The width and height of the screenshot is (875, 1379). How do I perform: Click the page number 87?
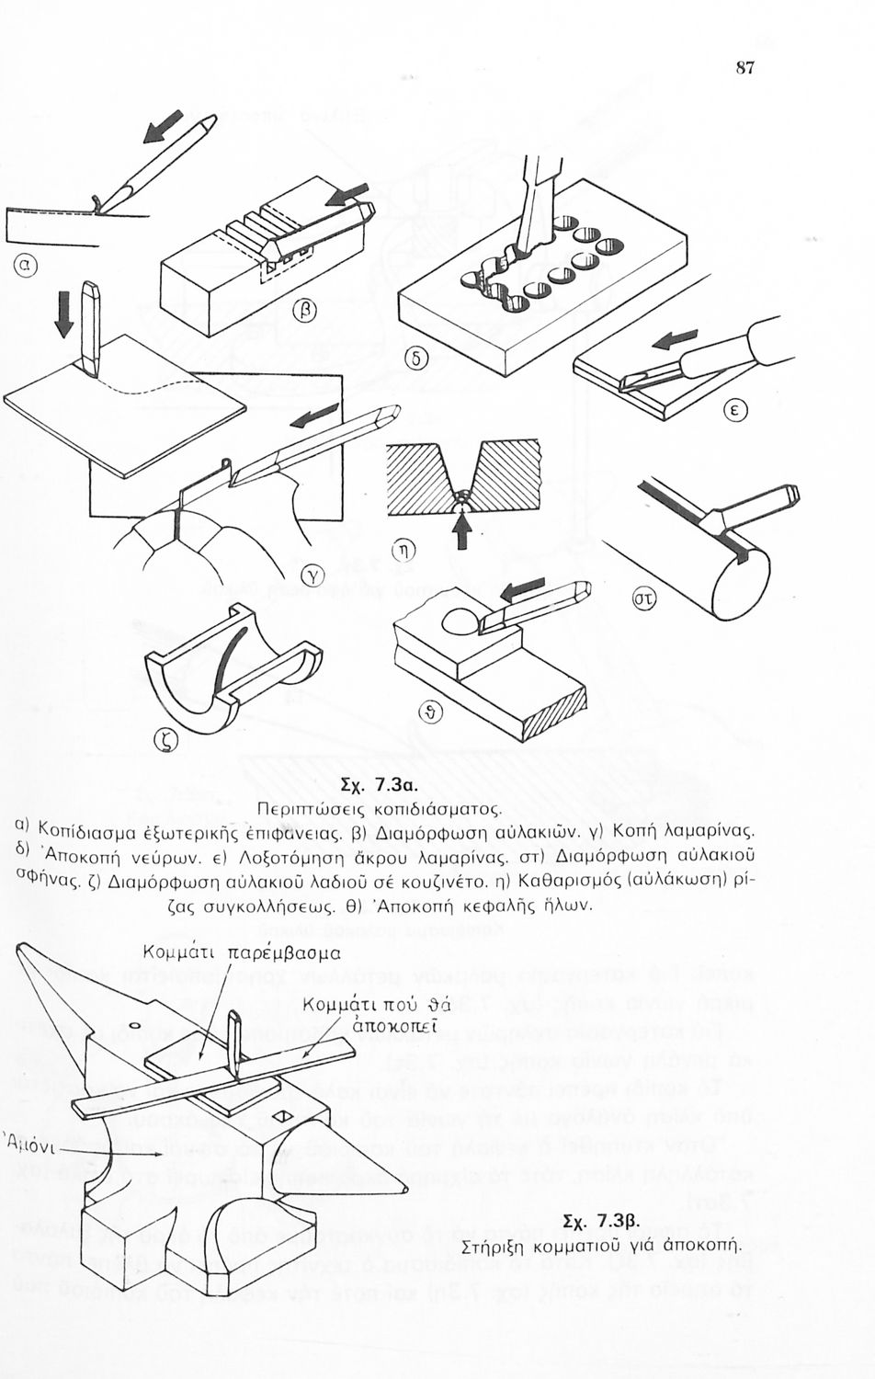click(x=744, y=67)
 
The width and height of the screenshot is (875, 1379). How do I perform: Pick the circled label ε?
click(x=735, y=411)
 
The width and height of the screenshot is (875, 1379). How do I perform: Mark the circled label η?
click(x=403, y=552)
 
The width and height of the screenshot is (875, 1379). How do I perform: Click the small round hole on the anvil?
click(x=134, y=1024)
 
